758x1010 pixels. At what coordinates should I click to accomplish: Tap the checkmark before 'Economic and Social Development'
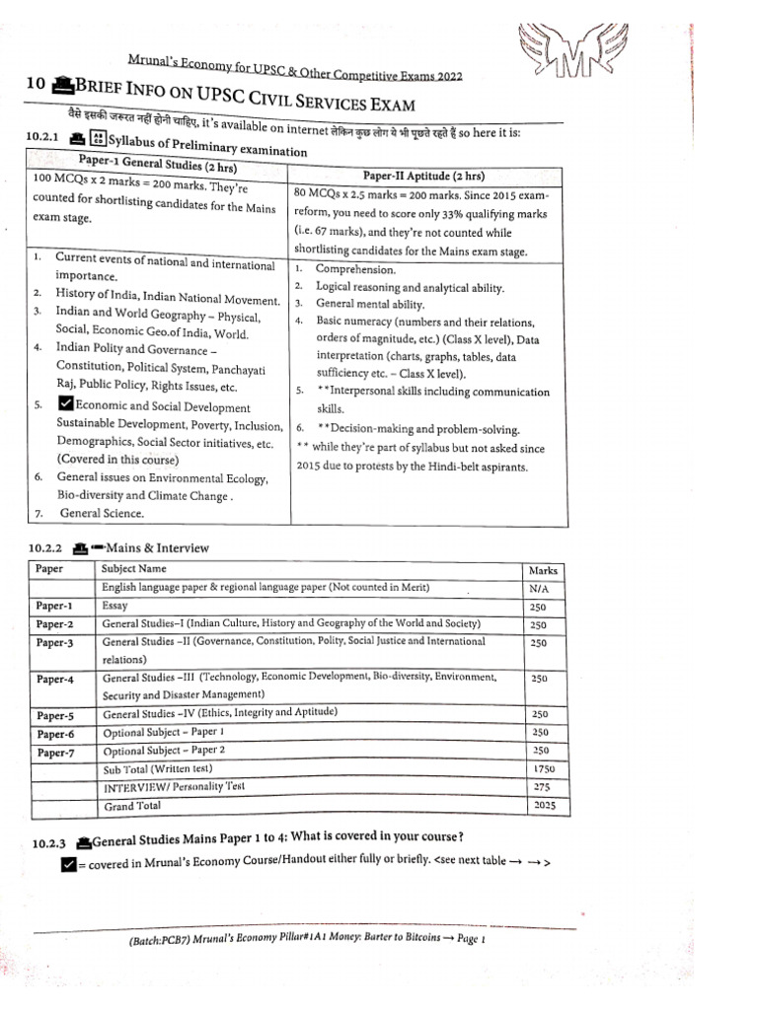click(x=65, y=405)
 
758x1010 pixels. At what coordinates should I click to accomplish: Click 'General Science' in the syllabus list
click(x=102, y=513)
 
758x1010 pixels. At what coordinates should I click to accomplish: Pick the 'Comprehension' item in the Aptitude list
click(x=355, y=269)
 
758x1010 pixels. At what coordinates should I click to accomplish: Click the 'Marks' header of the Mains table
click(x=543, y=570)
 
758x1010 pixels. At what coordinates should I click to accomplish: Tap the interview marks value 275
click(x=541, y=786)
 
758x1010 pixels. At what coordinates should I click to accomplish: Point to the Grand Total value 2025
click(x=543, y=805)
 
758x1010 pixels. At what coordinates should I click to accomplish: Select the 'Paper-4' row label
click(x=55, y=680)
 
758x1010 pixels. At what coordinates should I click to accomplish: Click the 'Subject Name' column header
click(x=134, y=569)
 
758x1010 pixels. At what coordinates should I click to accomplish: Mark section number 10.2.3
click(x=49, y=841)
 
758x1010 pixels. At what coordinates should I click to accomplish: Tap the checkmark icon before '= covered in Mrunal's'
click(x=67, y=865)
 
